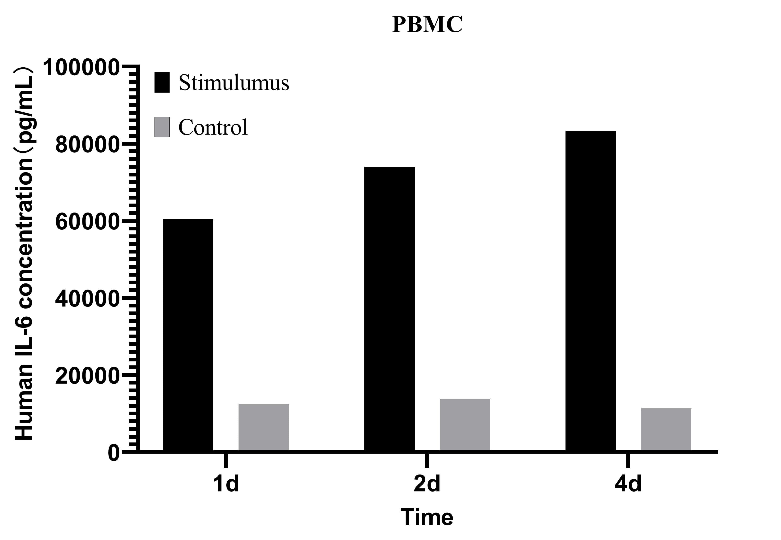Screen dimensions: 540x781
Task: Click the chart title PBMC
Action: coord(427,24)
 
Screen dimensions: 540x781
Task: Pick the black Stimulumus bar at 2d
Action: coord(389,309)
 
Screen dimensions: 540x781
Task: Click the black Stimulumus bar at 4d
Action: coord(590,291)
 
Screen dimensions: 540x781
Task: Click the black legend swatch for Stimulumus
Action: coord(162,82)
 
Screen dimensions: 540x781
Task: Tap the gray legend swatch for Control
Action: coord(162,127)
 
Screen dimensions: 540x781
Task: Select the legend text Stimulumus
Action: coord(234,82)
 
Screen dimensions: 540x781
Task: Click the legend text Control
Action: coord(213,127)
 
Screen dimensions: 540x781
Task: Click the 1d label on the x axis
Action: coord(226,483)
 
